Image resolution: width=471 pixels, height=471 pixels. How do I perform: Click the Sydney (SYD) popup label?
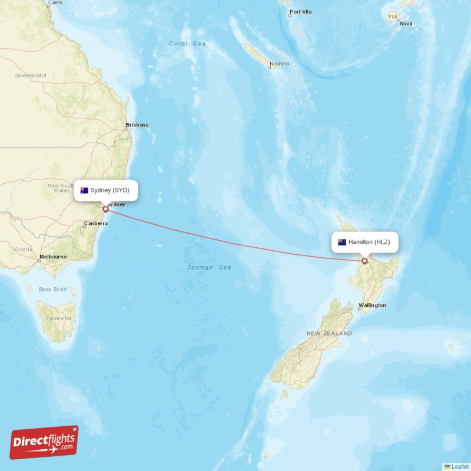106,190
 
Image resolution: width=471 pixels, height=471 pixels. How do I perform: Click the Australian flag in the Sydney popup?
84,190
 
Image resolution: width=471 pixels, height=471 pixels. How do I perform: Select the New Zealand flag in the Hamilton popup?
342,242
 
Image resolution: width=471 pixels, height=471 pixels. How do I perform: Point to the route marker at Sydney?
105,208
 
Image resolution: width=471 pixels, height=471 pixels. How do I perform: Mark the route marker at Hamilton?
364,261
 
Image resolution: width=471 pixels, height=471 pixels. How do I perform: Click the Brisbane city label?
137,125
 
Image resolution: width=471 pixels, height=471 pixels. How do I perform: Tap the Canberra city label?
95,224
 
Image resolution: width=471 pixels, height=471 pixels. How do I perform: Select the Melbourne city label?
53,257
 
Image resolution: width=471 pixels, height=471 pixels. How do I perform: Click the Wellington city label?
373,305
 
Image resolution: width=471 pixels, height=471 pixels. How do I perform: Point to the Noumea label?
279,64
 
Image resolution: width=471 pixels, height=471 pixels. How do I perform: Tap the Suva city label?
406,24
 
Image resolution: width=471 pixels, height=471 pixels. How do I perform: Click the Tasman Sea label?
209,267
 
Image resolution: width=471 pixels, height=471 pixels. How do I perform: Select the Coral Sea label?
187,44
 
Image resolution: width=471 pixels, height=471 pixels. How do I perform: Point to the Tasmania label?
59,318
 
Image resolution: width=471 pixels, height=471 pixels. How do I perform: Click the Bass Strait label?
53,289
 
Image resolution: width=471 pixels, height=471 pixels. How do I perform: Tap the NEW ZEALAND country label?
329,333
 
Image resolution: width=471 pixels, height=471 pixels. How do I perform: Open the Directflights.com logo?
44,442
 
